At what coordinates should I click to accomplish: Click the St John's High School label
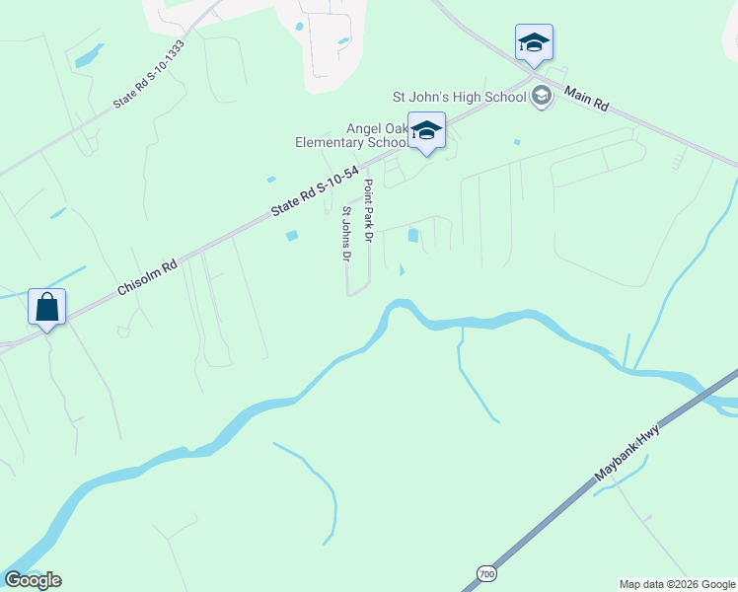(x=460, y=96)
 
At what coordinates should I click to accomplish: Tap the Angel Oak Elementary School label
(x=351, y=135)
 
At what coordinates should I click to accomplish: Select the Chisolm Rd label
(x=148, y=276)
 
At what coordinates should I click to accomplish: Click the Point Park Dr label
(x=368, y=212)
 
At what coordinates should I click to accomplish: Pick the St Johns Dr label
(x=346, y=235)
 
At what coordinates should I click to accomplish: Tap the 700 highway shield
(x=485, y=573)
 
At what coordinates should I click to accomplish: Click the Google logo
(x=33, y=580)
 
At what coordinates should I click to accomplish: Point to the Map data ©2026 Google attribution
(x=677, y=584)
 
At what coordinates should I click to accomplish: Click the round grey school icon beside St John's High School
(x=541, y=96)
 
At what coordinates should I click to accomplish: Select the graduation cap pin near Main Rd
(x=534, y=43)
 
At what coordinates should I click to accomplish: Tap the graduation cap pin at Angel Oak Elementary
(x=426, y=132)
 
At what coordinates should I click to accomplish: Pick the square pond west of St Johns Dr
(x=291, y=235)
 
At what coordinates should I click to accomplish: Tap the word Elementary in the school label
(x=331, y=142)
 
